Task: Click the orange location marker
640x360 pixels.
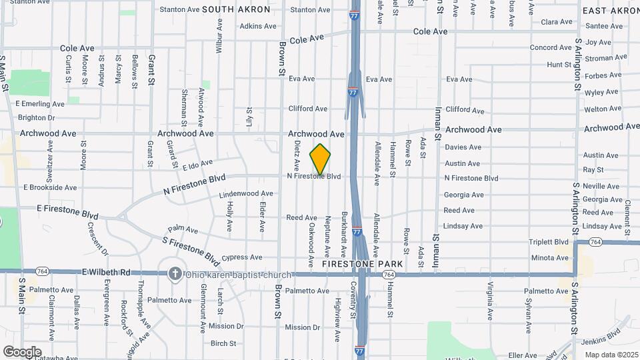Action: pos(321,159)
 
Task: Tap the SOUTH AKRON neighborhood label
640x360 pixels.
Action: pos(236,9)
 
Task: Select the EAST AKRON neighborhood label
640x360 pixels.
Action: pos(611,11)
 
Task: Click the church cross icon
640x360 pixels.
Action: pos(175,274)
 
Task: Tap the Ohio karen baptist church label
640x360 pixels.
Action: pos(238,275)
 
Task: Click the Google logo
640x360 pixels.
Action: pos(22,351)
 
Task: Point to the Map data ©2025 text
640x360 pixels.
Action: pos(611,355)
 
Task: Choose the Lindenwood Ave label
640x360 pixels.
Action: pos(237,194)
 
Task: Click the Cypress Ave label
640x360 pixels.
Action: pos(242,257)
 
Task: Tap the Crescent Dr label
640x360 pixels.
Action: pos(98,239)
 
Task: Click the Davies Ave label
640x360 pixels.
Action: pos(463,147)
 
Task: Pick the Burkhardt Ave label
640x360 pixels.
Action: pos(344,234)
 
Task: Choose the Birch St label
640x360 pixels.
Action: pos(223,343)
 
